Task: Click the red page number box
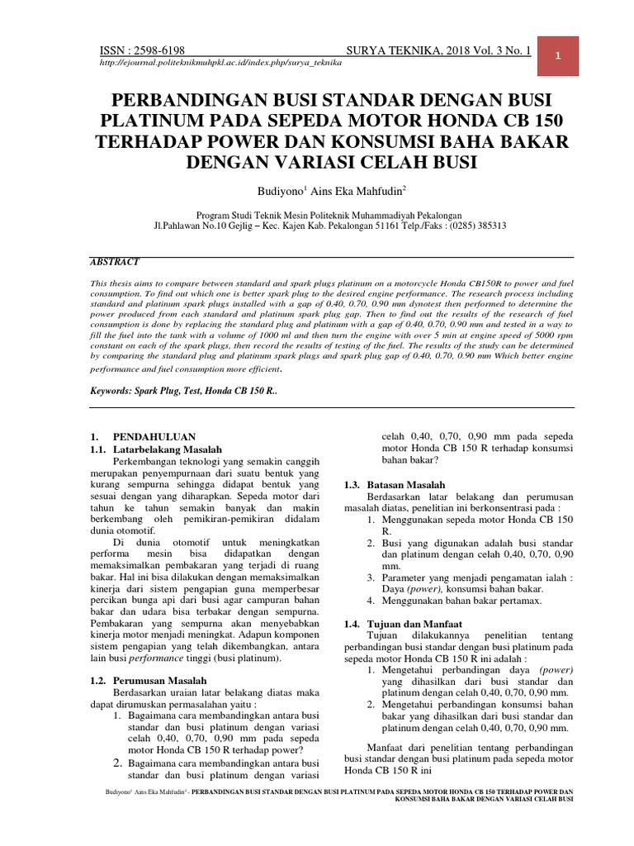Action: coord(559,56)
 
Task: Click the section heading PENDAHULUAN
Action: coord(154,435)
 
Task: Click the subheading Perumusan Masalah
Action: coord(159,681)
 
